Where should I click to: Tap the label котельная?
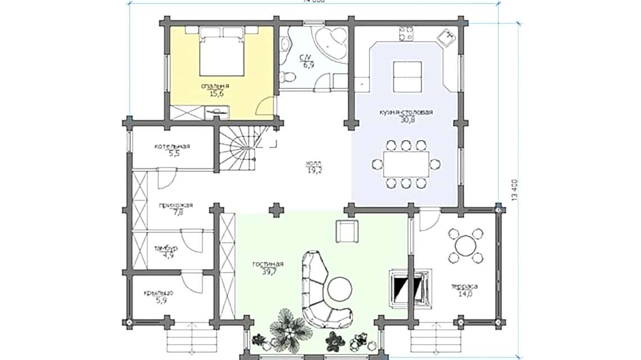point(172,146)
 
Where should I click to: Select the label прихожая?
point(175,205)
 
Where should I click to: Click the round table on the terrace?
point(466,246)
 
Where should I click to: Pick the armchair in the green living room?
point(346,231)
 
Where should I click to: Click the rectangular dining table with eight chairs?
point(406,164)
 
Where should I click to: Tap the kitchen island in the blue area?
point(407,76)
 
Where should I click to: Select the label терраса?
point(464,287)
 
